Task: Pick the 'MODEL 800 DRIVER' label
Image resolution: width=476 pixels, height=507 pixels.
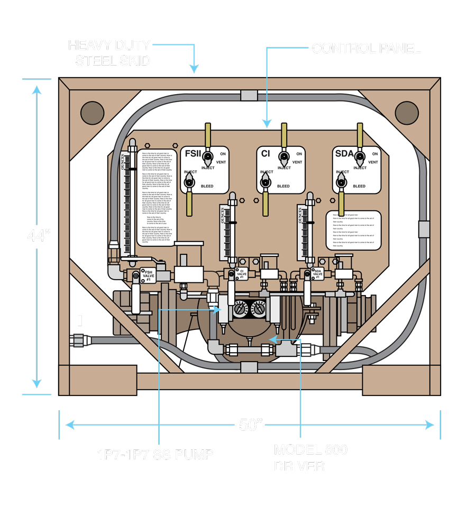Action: (310, 458)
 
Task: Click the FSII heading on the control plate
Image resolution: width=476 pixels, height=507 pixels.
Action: (193, 154)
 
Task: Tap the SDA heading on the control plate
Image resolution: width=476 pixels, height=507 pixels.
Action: (345, 154)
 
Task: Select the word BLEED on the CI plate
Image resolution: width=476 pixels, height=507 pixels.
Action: (283, 186)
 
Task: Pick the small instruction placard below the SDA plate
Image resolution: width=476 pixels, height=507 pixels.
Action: (353, 230)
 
